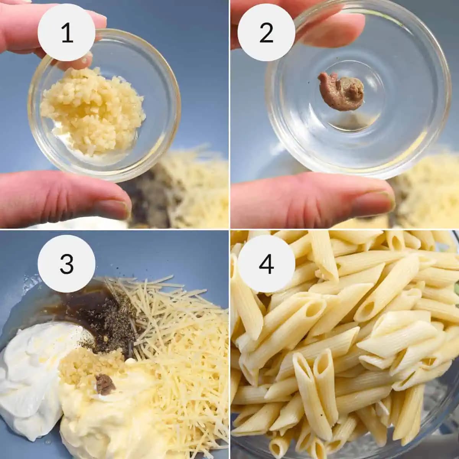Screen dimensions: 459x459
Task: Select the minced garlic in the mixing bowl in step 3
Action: tap(86, 365)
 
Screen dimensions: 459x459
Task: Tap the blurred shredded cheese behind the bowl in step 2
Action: tap(428, 191)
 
